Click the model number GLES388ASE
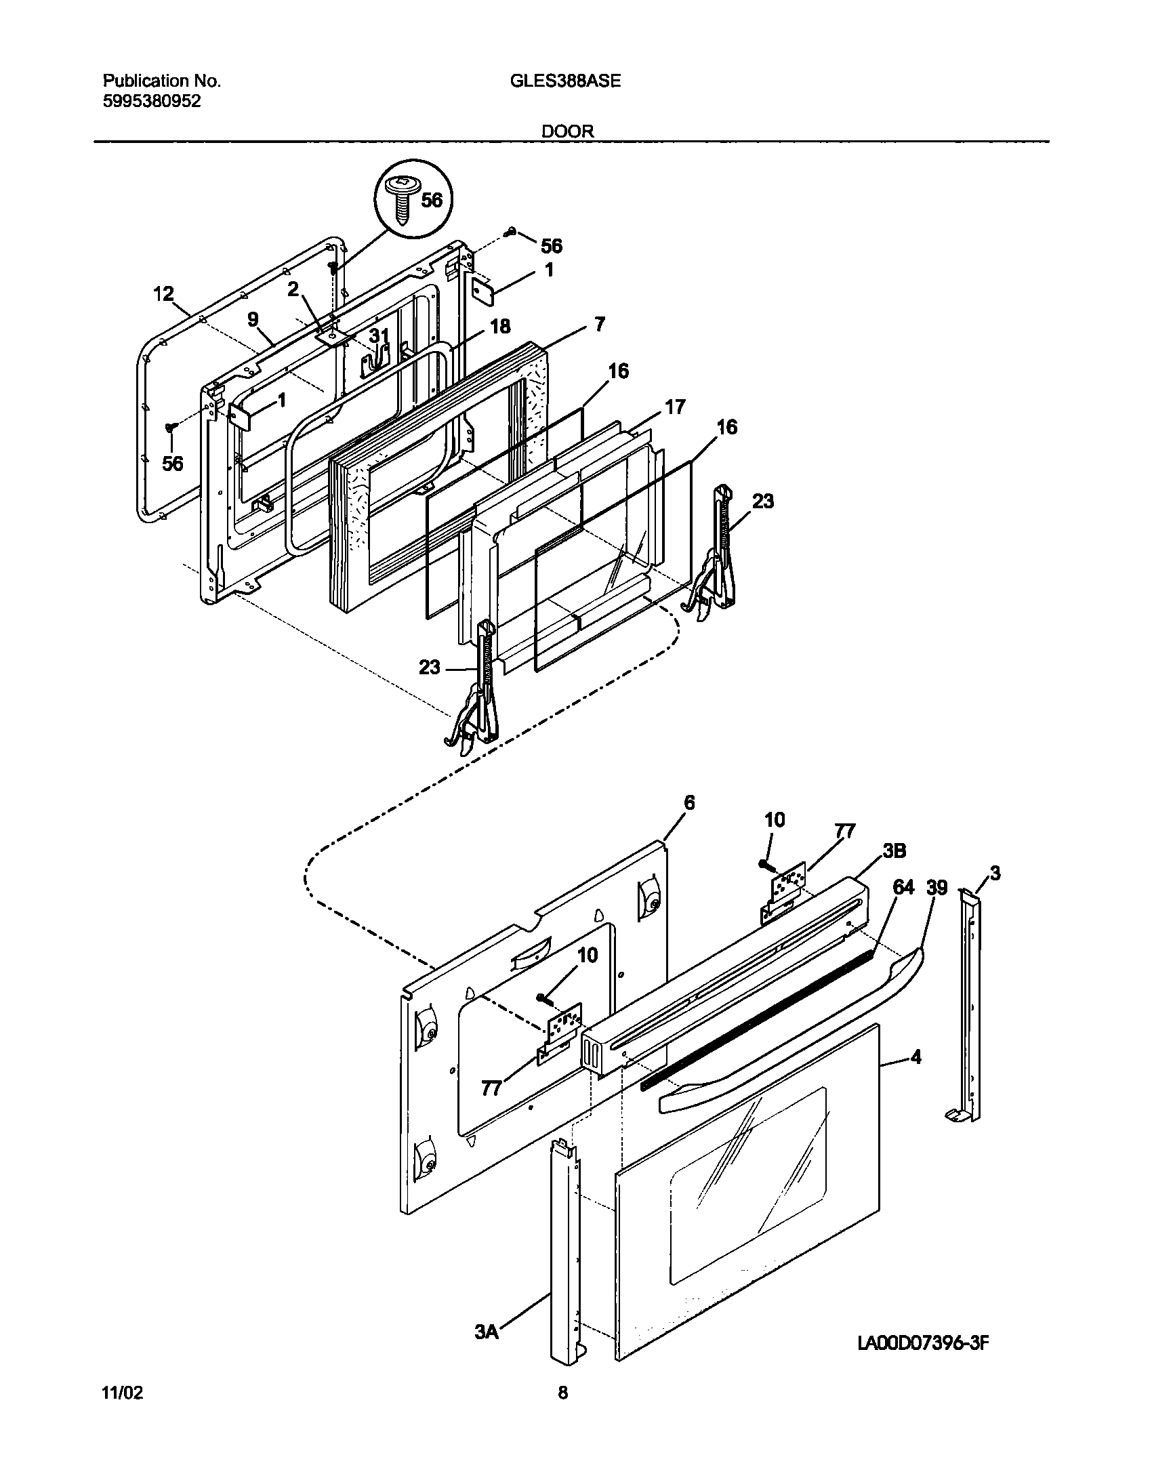564,81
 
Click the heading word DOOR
567,131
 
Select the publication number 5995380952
152,102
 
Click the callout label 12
163,294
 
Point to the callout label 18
499,326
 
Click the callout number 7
599,324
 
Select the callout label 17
675,407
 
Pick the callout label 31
379,335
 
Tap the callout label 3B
894,851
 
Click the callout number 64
903,887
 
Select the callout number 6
688,803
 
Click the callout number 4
916,1057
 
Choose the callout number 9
253,319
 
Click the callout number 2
293,289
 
